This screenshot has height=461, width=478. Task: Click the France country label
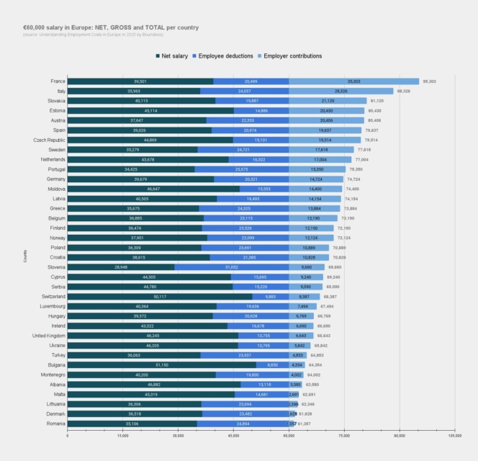(58, 81)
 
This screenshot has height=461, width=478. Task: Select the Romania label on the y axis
(55, 424)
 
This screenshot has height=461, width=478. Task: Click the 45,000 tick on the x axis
(233, 436)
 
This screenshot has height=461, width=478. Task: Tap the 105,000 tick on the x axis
(454, 436)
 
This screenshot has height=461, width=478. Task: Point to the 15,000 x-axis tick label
(122, 436)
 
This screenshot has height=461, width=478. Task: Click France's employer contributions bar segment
(353, 81)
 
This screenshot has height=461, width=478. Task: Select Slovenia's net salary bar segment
(121, 267)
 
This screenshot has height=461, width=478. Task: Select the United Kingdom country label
(49, 336)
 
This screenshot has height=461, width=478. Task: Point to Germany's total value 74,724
(353, 179)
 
